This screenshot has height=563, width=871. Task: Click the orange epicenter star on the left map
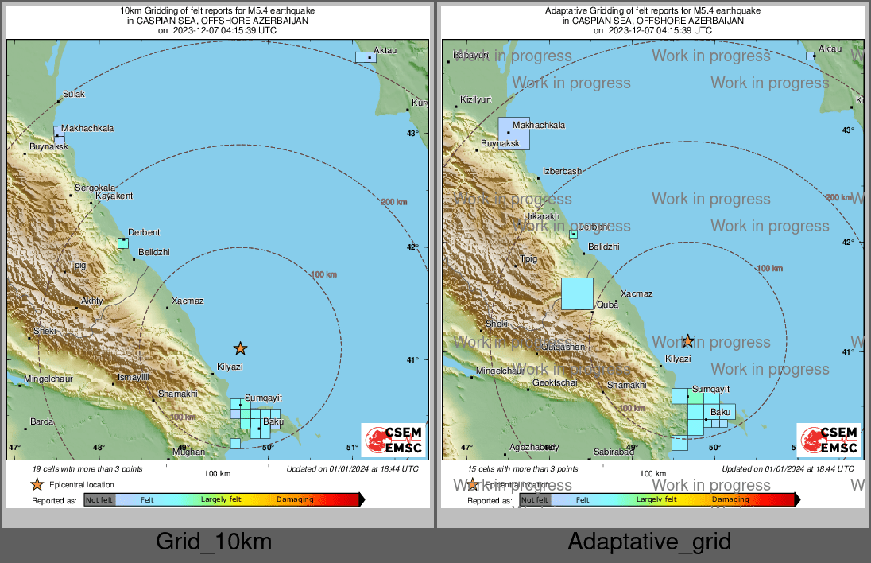click(x=240, y=348)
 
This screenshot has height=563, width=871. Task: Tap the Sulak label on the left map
click(x=73, y=95)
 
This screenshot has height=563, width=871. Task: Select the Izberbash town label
click(x=562, y=172)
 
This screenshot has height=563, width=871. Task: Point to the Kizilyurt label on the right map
click(x=476, y=100)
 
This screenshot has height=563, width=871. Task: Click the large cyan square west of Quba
click(x=577, y=293)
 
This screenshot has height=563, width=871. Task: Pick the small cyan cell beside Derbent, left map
click(x=123, y=243)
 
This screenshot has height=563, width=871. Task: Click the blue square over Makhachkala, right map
click(x=513, y=133)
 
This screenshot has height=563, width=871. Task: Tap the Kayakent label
click(x=114, y=196)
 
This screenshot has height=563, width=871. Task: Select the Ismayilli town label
click(x=133, y=377)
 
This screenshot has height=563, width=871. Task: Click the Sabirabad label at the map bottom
click(x=614, y=452)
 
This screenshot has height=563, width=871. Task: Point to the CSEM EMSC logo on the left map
click(x=393, y=441)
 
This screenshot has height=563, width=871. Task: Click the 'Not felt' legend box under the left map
click(x=99, y=500)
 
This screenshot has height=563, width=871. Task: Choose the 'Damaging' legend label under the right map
click(x=730, y=500)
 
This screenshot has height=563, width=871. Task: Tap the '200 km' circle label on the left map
click(x=394, y=202)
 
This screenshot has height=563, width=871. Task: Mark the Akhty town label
click(x=92, y=301)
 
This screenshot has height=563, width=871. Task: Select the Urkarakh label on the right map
click(x=542, y=217)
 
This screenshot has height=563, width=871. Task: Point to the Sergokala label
click(x=95, y=188)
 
